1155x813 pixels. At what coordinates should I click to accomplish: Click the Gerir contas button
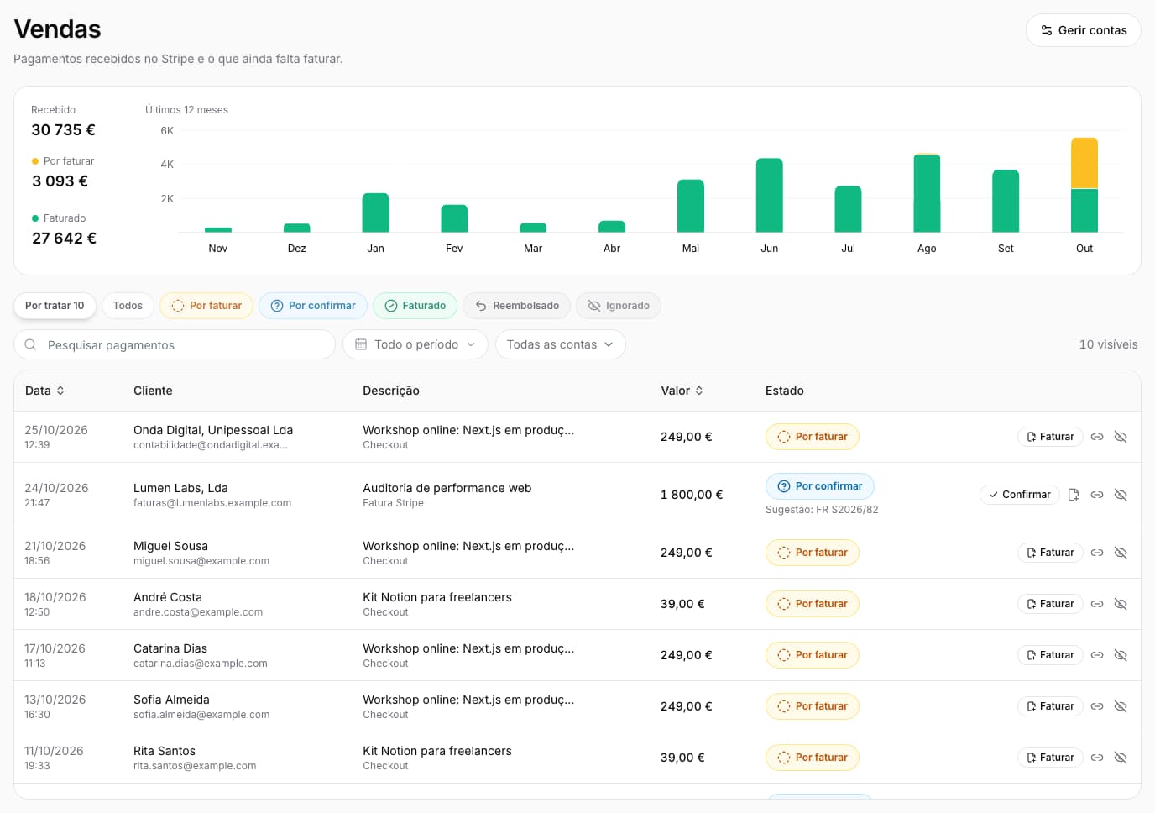coord(1083,30)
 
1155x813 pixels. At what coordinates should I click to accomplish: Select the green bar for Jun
coord(770,195)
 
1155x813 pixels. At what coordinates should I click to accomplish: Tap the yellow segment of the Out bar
coord(1084,163)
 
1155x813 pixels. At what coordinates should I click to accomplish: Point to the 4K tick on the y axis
coord(167,165)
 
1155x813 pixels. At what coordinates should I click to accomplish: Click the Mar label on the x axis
coord(533,248)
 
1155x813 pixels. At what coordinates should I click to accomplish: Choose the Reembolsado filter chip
coord(517,306)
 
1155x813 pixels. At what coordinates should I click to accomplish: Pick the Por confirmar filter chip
coord(313,306)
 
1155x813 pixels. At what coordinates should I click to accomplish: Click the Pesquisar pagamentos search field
coord(175,344)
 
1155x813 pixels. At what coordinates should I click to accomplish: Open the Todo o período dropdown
coord(415,344)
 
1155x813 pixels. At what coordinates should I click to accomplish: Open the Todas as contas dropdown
coord(560,344)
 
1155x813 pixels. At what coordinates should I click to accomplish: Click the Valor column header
coord(681,391)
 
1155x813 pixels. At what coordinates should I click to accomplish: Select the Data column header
coord(44,391)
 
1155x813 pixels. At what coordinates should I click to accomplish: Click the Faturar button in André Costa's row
coord(1050,604)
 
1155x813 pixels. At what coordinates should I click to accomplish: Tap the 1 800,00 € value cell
coord(692,495)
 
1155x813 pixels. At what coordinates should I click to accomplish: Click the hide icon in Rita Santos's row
coord(1121,758)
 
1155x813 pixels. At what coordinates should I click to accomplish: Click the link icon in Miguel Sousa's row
coord(1097,553)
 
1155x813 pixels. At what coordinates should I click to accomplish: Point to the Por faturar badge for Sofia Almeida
coord(813,706)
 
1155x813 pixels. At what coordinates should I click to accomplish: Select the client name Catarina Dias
coord(170,648)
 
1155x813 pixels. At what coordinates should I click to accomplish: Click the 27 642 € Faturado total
coord(64,238)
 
